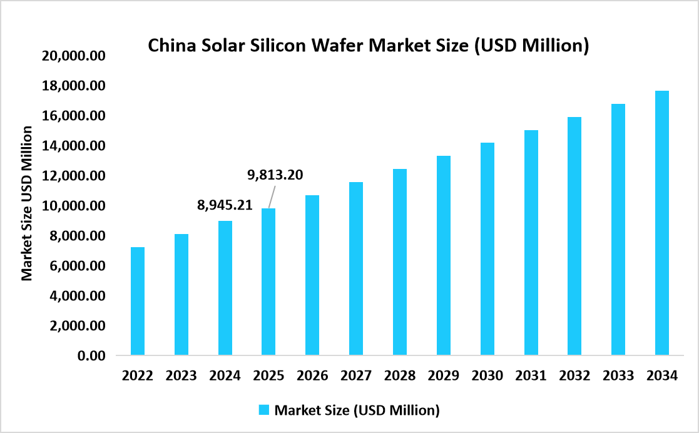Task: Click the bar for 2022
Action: pos(137,302)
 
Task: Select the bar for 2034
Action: pos(661,223)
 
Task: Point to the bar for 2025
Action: pos(268,282)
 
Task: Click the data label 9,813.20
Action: pos(275,175)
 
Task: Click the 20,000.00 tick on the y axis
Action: pos(73,56)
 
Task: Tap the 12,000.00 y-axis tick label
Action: pos(73,176)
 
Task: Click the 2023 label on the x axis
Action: pos(181,376)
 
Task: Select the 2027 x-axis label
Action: pos(356,376)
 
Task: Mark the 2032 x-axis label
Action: pos(574,376)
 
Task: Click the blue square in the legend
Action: pos(263,410)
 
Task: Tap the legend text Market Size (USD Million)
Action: pos(357,410)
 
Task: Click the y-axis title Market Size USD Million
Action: pos(27,203)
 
